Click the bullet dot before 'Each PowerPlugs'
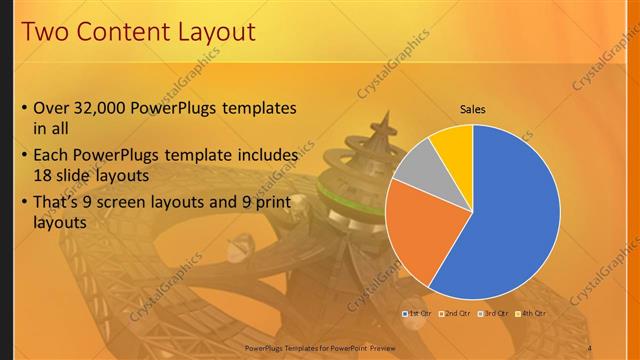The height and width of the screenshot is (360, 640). pos(24,157)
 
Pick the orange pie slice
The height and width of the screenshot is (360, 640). pos(420,230)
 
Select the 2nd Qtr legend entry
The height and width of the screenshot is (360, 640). pos(455,313)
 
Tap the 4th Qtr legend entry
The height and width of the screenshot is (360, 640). pos(532,313)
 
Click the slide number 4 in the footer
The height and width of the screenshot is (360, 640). pos(589,347)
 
